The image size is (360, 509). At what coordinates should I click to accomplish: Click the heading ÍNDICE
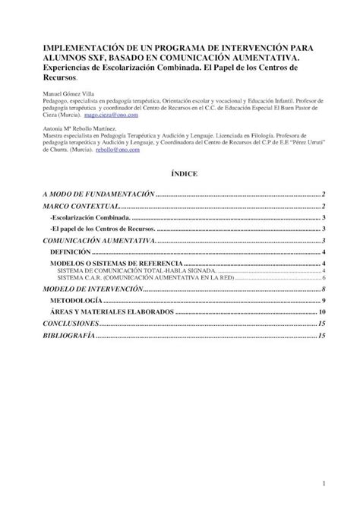[184, 174]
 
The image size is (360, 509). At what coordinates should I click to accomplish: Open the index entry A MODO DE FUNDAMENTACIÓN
[97, 195]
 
